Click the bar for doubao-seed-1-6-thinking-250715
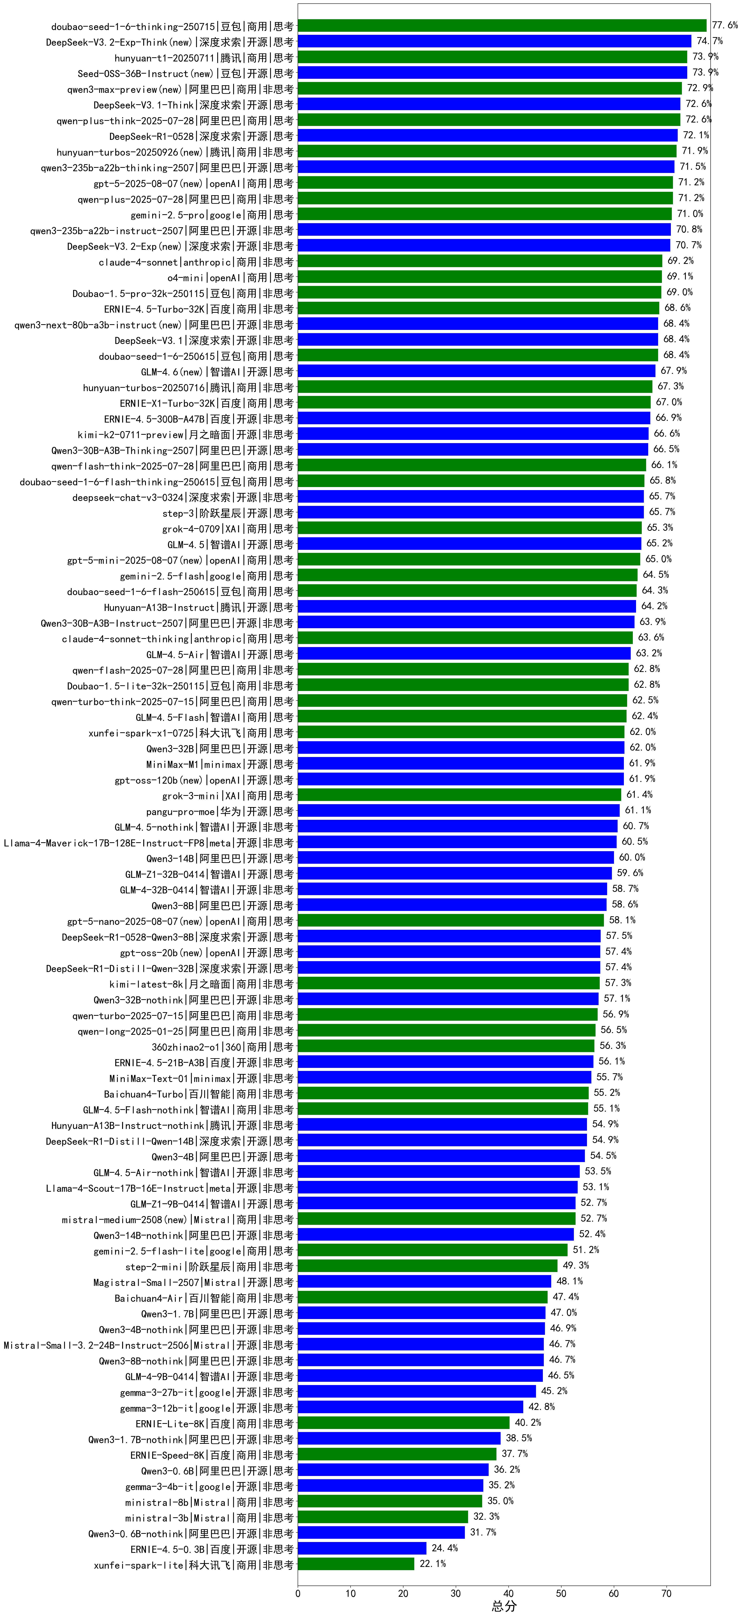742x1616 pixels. coord(502,26)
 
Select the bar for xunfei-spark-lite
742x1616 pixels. coord(356,1564)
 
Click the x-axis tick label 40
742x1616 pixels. coord(509,1593)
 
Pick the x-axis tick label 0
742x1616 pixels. coord(298,1593)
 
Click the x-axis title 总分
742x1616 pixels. coord(504,1606)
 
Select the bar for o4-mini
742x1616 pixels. coord(480,277)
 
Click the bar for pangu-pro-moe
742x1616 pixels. coord(459,810)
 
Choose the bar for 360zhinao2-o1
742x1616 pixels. coord(446,1046)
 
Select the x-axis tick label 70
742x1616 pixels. coord(667,1593)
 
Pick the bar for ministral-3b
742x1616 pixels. coord(383,1517)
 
